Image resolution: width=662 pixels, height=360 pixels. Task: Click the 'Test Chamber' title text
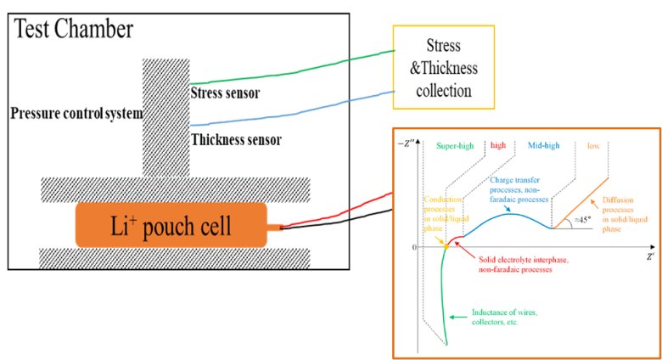[x=74, y=31]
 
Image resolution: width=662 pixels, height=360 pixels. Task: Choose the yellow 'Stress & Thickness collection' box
[x=446, y=65]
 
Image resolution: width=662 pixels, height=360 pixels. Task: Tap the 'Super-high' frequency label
[x=463, y=145]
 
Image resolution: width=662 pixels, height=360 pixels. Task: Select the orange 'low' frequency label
[x=592, y=145]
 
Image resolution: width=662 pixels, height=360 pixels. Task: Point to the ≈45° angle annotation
[x=582, y=218]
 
